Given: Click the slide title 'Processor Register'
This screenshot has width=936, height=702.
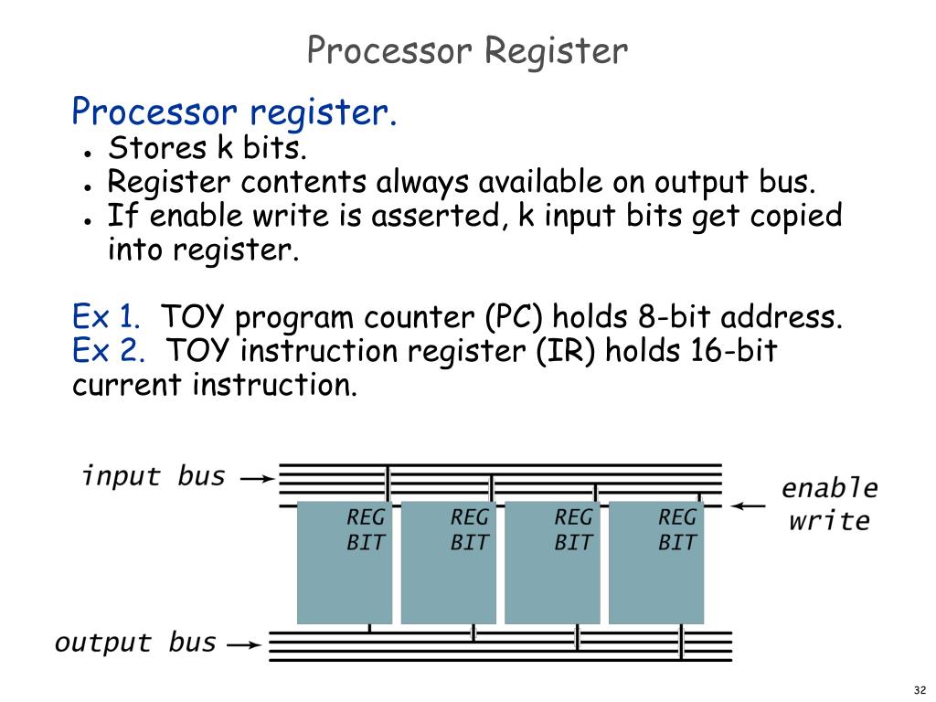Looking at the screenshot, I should point(467,50).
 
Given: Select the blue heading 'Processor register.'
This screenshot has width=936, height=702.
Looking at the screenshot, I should point(234,112).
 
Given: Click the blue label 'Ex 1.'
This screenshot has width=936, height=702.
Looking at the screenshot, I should point(106,318).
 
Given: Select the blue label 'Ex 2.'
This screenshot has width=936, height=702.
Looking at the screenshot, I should point(108,351).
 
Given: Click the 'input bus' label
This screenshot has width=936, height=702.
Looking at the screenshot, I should point(154,476).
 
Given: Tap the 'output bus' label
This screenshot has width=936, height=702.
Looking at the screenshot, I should point(135,643).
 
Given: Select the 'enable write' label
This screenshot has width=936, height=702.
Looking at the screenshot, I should point(829,505).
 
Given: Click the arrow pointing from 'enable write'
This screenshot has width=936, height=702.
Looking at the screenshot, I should point(750,505).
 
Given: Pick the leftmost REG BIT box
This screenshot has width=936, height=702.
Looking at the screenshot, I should point(344,562).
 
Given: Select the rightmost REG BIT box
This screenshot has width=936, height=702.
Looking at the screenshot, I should point(656,562).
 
